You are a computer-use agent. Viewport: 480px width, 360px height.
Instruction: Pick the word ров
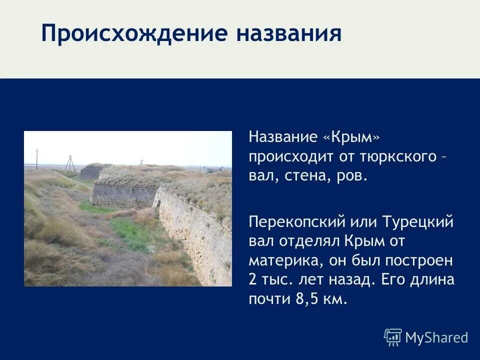352,176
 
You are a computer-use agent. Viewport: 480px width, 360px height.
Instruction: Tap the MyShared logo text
436,338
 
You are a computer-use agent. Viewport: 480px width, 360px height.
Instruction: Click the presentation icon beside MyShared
393,337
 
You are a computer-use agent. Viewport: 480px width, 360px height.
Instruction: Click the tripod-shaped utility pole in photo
69,163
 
